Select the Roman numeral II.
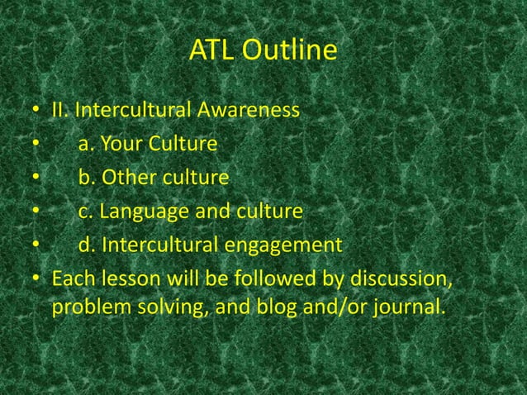click(59, 110)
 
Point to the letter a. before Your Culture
click(86, 145)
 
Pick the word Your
click(124, 145)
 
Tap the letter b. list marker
click(87, 178)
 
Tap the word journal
click(406, 308)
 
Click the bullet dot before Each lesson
click(36, 277)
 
